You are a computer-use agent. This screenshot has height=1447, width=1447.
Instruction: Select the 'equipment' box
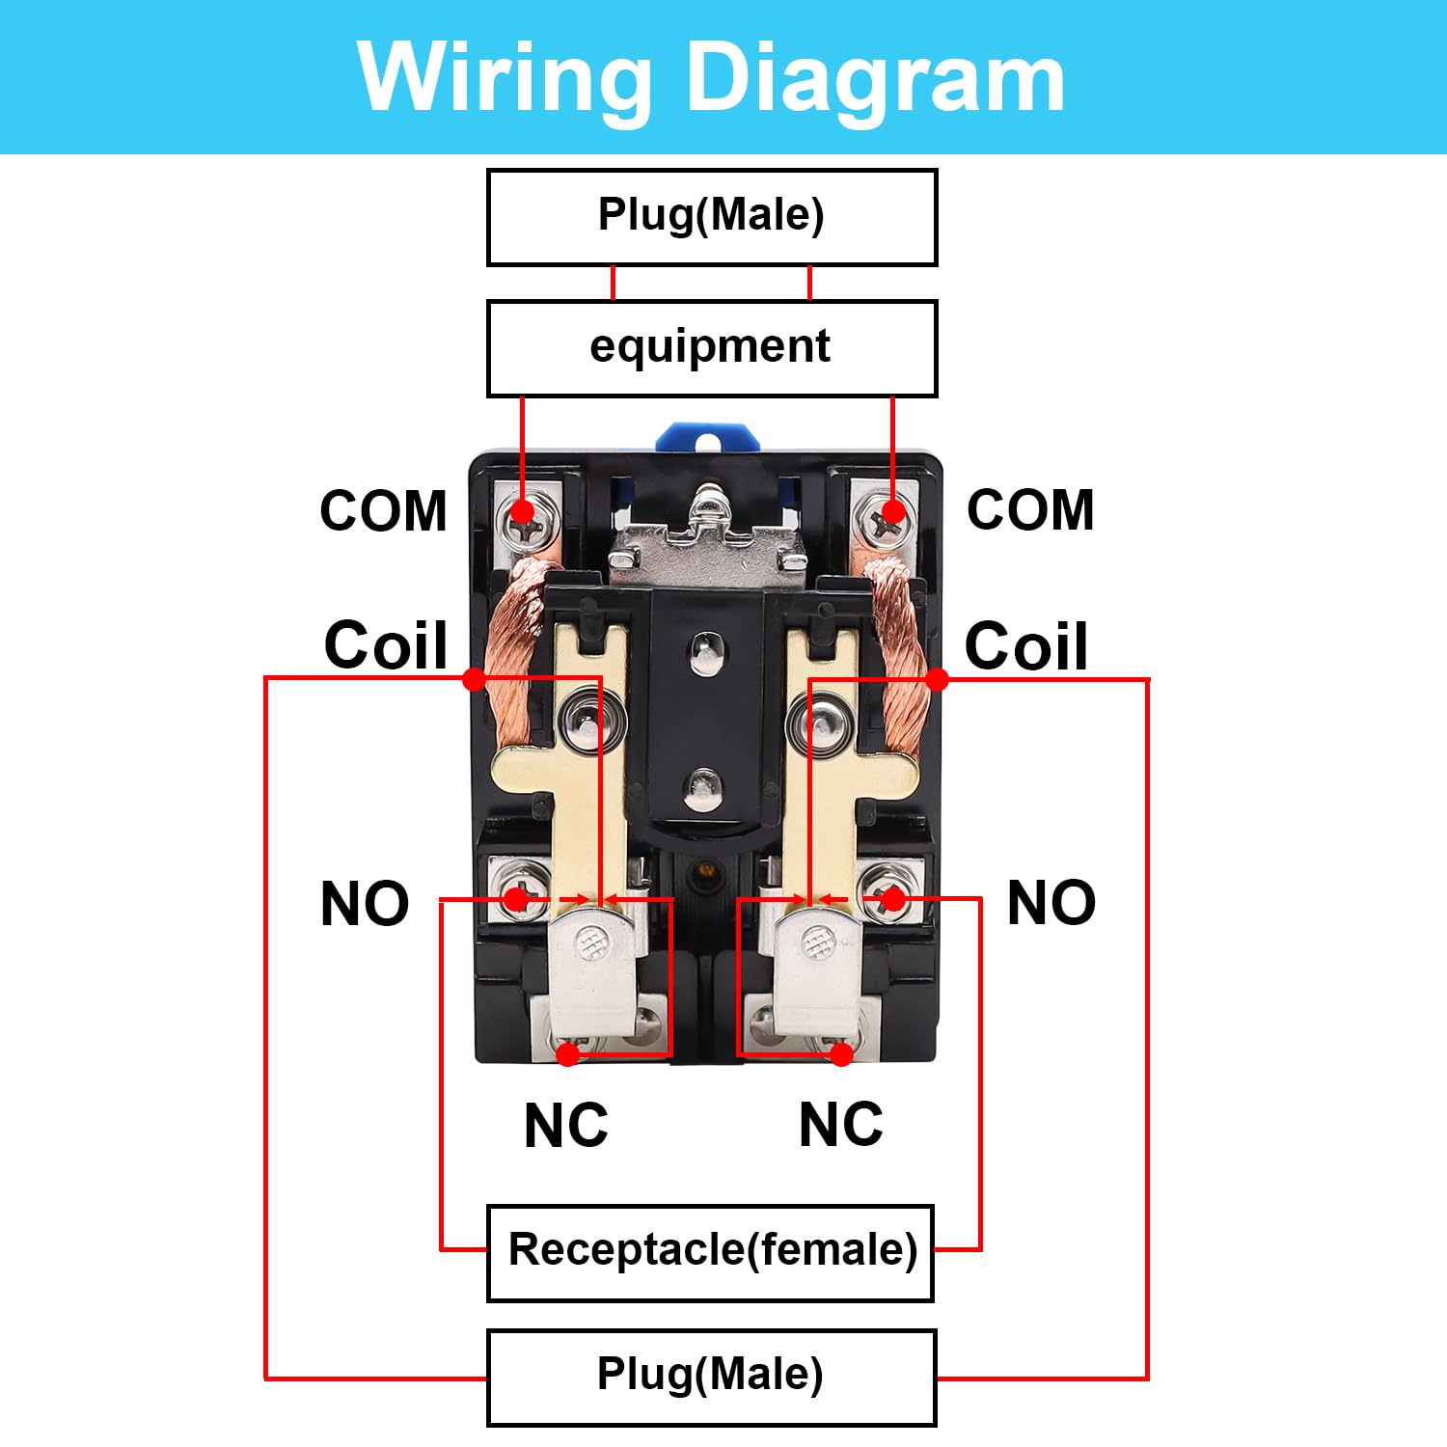tap(712, 348)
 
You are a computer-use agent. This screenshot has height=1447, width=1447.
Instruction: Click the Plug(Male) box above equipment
tap(712, 217)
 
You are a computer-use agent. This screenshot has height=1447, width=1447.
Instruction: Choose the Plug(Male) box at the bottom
tap(711, 1378)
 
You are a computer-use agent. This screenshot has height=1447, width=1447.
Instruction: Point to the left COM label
tap(384, 510)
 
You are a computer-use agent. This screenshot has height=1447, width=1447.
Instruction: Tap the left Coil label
tap(386, 644)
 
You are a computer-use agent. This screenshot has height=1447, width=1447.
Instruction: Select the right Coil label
tap(1026, 644)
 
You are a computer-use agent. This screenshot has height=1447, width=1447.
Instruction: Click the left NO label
tap(365, 904)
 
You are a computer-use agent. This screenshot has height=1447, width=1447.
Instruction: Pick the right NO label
tap(1051, 903)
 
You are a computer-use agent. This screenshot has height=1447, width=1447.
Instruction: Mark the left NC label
tap(566, 1125)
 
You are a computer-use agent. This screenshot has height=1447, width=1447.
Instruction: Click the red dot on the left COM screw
tap(522, 511)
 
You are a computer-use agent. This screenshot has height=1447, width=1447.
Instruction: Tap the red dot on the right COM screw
tap(893, 511)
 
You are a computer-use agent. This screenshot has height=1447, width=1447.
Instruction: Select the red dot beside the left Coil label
tap(474, 679)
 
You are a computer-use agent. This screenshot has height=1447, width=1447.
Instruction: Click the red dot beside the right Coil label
tap(937, 679)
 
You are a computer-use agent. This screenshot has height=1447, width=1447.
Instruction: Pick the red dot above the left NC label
tap(568, 1054)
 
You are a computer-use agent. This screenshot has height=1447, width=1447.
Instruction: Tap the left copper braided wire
tap(513, 656)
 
